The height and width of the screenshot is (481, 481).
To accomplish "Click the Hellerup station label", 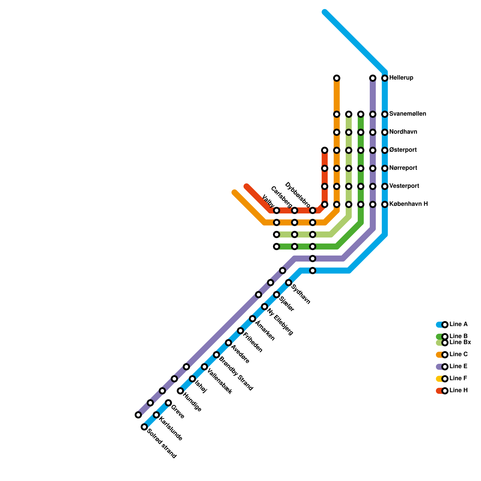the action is click(x=401, y=78).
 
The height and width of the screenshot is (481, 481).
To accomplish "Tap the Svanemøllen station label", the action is click(x=407, y=114).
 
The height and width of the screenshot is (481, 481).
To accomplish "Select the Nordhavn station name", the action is click(x=403, y=132).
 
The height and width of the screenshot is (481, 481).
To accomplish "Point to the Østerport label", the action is click(x=403, y=150).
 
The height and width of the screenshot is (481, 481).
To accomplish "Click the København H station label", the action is click(x=408, y=204).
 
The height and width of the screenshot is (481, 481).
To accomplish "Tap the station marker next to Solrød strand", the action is click(x=144, y=427).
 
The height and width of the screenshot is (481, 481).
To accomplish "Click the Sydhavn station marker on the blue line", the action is click(x=289, y=283).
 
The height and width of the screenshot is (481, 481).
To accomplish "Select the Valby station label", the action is click(x=268, y=201).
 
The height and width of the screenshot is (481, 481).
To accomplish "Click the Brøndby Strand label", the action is click(x=236, y=374).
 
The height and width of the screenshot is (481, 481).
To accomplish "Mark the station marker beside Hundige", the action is click(x=180, y=391).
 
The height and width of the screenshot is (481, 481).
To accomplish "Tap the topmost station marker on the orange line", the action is click(x=337, y=78).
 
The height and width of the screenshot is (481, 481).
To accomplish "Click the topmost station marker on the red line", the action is click(x=325, y=150).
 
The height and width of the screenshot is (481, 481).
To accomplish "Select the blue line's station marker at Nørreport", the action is click(x=385, y=168).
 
